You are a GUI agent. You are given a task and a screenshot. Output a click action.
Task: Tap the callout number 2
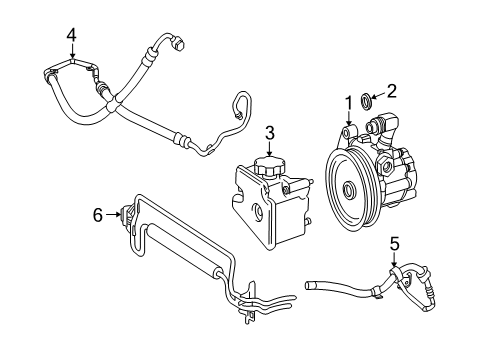[392, 91]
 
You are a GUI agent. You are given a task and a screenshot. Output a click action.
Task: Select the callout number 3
[269, 132]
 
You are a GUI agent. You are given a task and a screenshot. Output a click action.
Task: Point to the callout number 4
[71, 37]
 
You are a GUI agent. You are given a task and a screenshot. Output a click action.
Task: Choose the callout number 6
[98, 212]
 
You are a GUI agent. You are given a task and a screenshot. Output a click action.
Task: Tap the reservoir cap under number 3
[269, 165]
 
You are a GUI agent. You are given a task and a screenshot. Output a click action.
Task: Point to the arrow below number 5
[393, 262]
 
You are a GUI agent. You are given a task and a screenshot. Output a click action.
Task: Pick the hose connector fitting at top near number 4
[178, 45]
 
